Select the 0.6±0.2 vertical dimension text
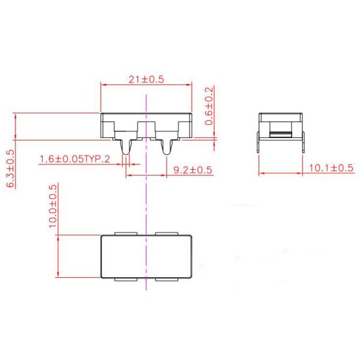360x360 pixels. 209,106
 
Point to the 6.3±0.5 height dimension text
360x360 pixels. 10,169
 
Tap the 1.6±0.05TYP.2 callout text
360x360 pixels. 74,160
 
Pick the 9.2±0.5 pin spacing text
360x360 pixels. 192,170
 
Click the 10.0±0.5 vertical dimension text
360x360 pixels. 53,205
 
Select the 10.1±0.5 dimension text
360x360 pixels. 331,168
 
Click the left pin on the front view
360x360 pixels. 125,147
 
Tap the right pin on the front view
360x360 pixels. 167,147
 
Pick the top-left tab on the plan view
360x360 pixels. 124,232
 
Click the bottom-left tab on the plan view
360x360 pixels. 124,280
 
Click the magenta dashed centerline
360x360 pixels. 146,198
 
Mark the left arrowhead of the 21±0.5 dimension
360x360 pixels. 104,85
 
